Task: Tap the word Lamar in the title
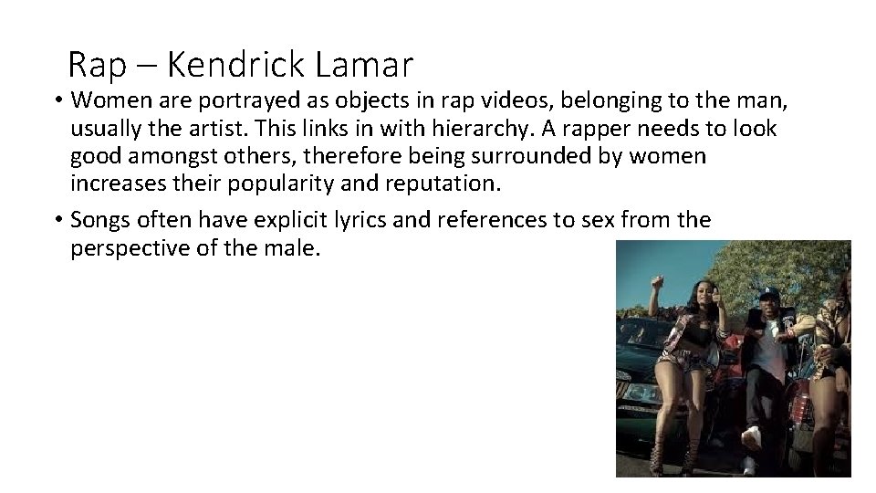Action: tap(364, 65)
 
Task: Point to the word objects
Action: tap(322, 99)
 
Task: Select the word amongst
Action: tap(169, 155)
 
